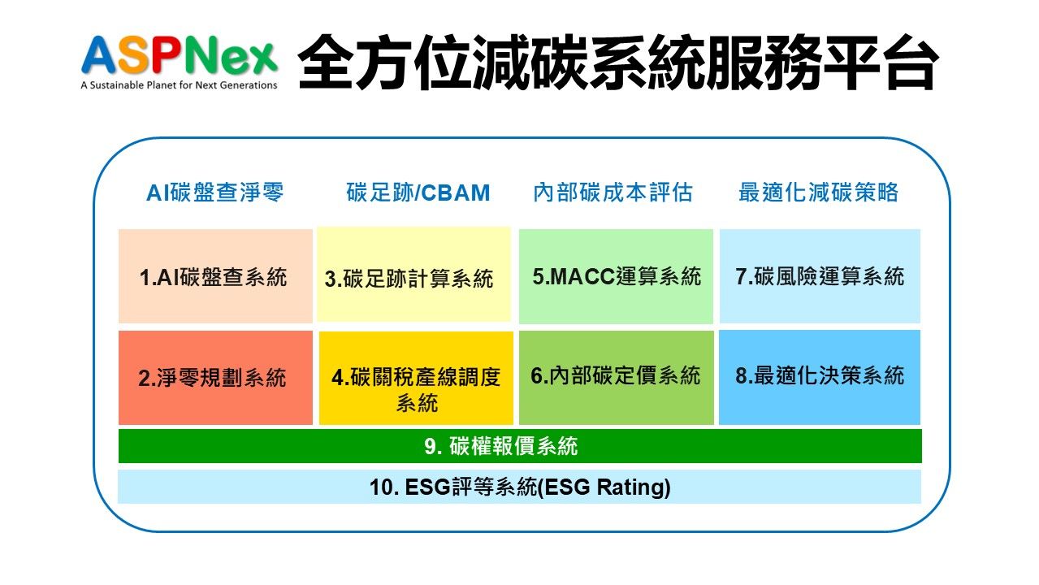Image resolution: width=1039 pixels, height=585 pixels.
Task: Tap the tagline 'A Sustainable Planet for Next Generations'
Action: [x=179, y=85]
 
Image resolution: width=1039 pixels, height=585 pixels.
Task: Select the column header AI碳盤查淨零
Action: [x=214, y=193]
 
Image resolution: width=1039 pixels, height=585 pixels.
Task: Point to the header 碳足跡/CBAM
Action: [x=418, y=193]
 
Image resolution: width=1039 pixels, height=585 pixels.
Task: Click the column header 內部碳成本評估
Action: [x=613, y=193]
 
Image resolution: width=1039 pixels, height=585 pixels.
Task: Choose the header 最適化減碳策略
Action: [x=818, y=193]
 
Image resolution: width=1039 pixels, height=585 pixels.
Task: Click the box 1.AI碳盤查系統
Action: [x=215, y=276]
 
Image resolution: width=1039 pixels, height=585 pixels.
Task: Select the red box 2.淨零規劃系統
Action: [x=215, y=378]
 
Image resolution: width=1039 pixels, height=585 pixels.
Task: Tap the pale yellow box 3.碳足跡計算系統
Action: [x=413, y=274]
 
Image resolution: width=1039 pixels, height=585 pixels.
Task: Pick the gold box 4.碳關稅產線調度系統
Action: [x=416, y=378]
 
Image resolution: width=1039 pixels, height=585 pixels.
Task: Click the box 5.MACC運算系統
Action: [x=616, y=276]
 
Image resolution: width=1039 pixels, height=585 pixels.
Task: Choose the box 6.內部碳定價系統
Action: [x=617, y=377]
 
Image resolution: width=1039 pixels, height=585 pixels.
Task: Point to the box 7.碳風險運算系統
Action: [x=820, y=276]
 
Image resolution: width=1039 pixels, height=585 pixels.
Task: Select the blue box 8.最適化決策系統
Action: [x=820, y=377]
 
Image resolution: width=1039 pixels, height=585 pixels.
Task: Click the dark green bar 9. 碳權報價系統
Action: [x=520, y=446]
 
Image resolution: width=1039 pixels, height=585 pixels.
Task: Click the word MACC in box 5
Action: [x=582, y=276]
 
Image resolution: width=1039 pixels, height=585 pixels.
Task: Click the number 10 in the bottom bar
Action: [x=381, y=487]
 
